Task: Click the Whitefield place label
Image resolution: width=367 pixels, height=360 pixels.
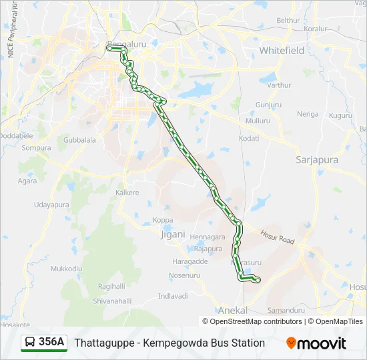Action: tap(281, 51)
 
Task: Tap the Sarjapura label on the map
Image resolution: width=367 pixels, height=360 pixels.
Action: tap(316, 160)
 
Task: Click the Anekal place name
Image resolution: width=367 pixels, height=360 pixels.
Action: tap(233, 311)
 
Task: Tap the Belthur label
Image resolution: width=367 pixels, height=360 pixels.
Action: tap(288, 21)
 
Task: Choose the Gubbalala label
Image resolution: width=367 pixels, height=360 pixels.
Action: tap(79, 140)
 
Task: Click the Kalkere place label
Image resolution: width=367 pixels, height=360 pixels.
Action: tap(127, 193)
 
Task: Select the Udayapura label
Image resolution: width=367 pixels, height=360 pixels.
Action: tap(51, 205)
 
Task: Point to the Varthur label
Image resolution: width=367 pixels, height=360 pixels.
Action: tap(279, 85)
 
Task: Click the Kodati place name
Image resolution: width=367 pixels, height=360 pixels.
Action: tap(248, 138)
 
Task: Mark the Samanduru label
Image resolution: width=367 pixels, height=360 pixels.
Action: tap(286, 311)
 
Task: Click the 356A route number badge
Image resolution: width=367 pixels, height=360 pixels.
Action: tap(51, 342)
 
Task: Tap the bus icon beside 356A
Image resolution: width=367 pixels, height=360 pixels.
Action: tap(30, 343)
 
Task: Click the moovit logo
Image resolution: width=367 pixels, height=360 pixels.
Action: tap(316, 343)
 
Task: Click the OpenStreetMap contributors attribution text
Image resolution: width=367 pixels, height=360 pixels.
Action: tap(256, 321)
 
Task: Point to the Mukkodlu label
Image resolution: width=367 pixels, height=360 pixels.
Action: tap(66, 268)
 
